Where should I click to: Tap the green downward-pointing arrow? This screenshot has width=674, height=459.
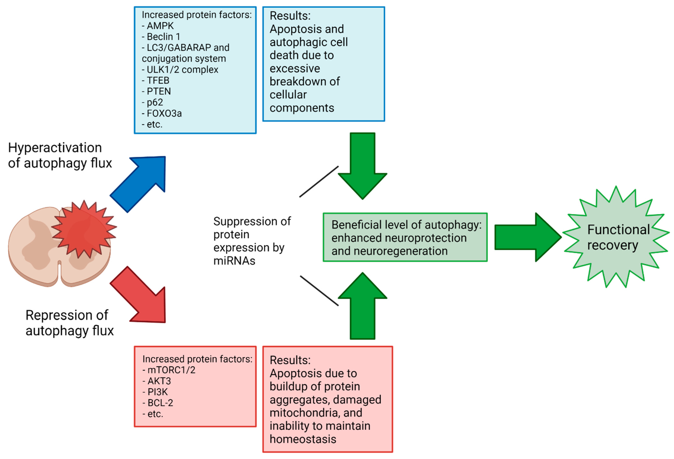pos(363,166)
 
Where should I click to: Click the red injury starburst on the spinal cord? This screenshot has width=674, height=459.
pos(84,229)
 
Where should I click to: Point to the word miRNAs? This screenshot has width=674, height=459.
pos(234,261)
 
